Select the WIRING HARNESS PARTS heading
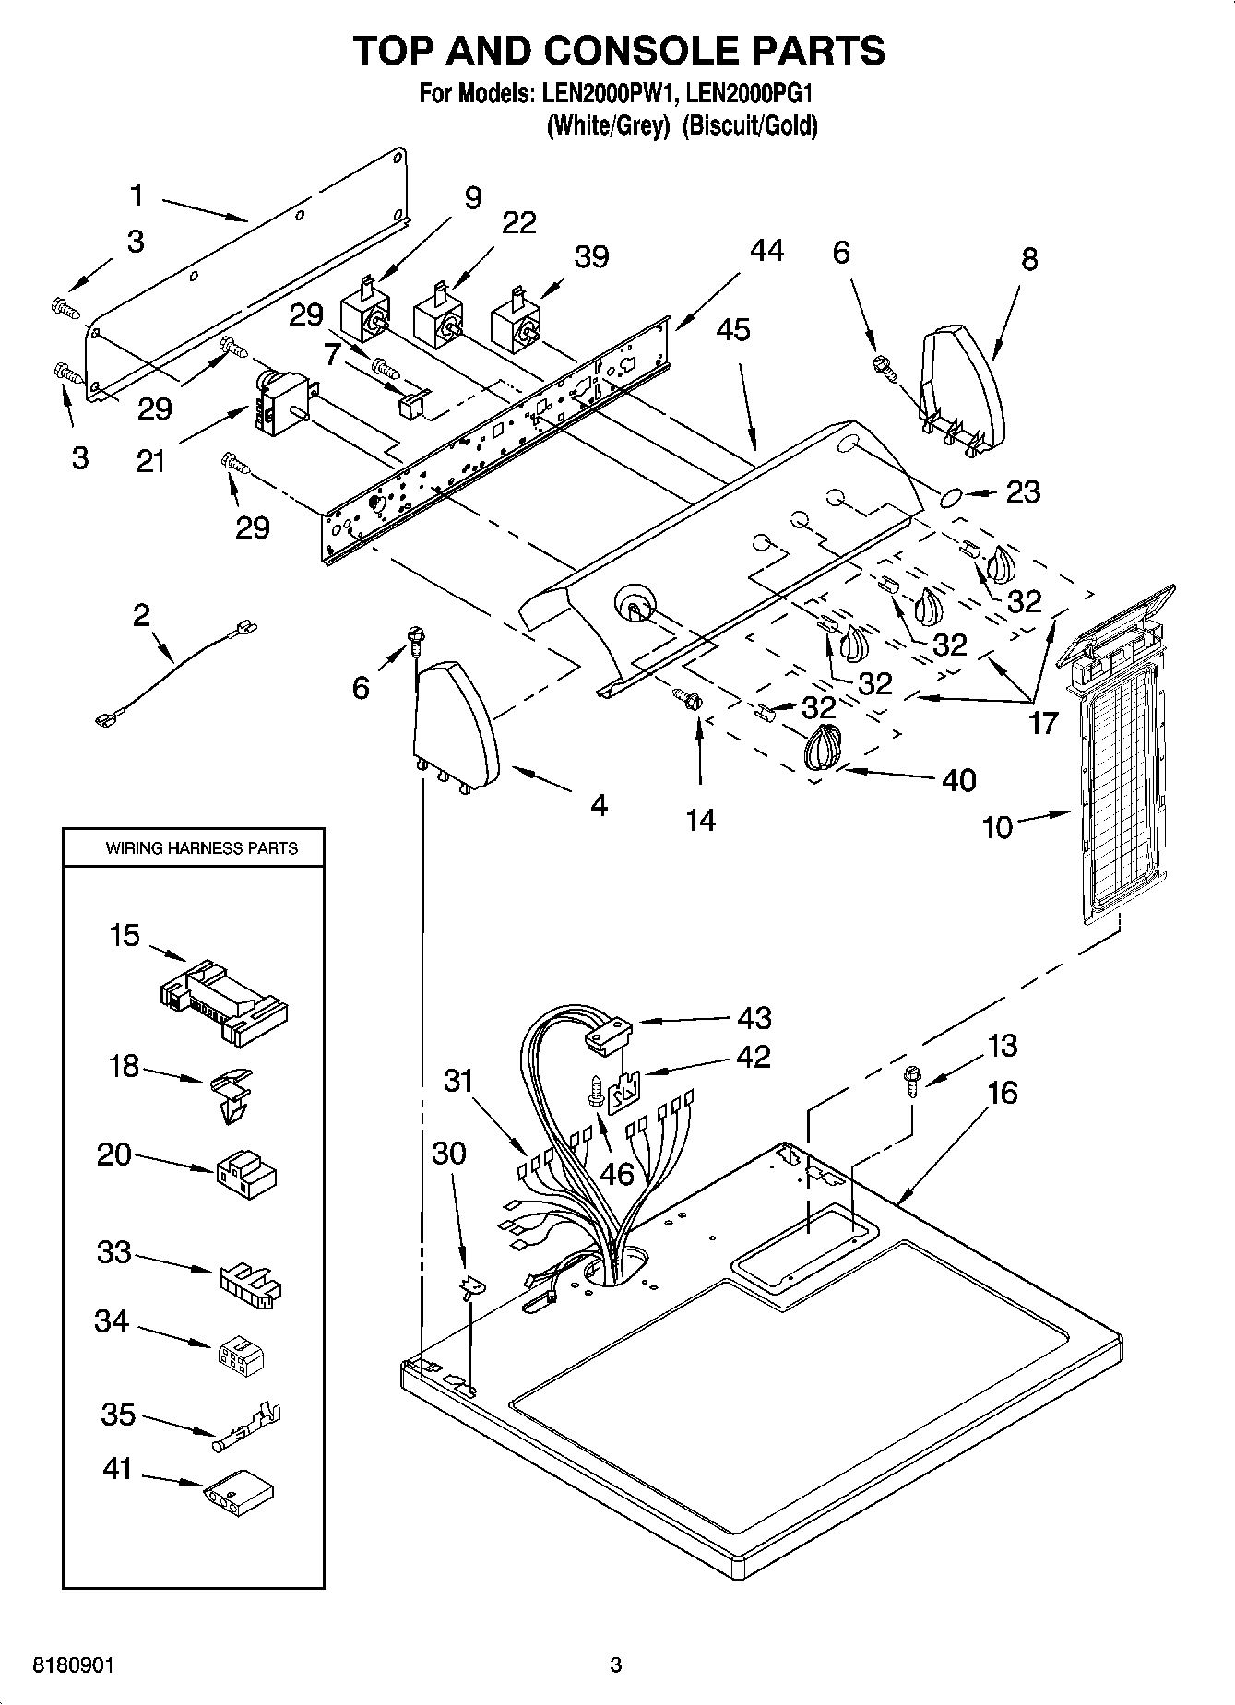click(201, 847)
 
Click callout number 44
click(766, 251)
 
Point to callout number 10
click(997, 827)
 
